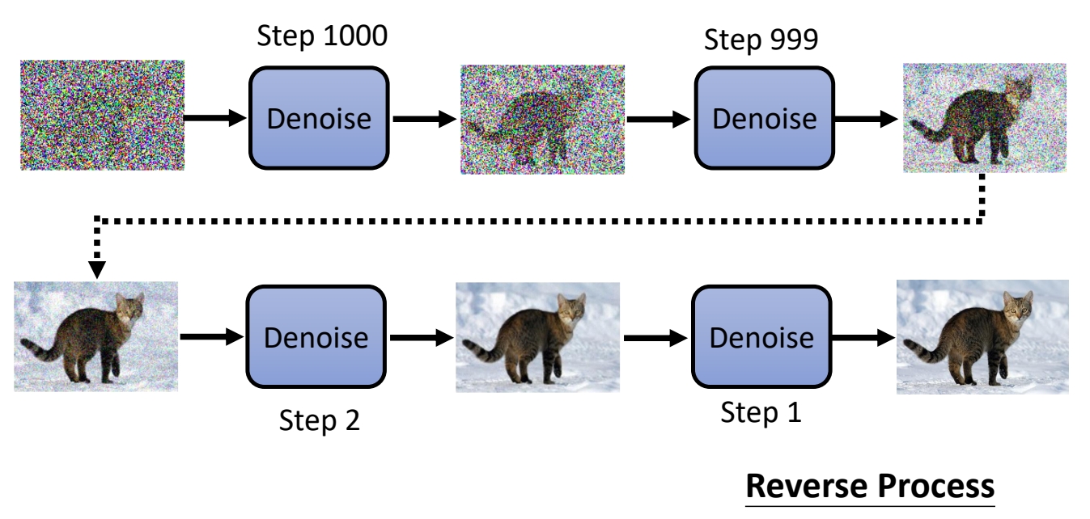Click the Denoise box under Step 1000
[x=319, y=118]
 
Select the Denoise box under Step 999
[x=764, y=118]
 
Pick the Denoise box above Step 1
[x=761, y=336]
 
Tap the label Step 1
[x=761, y=413]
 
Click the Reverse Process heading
[x=869, y=487]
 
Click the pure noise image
[x=103, y=114]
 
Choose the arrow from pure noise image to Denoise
[x=215, y=118]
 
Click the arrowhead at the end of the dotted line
[x=97, y=268]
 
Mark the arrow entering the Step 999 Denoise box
[x=659, y=119]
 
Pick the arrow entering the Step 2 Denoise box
[x=210, y=336]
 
